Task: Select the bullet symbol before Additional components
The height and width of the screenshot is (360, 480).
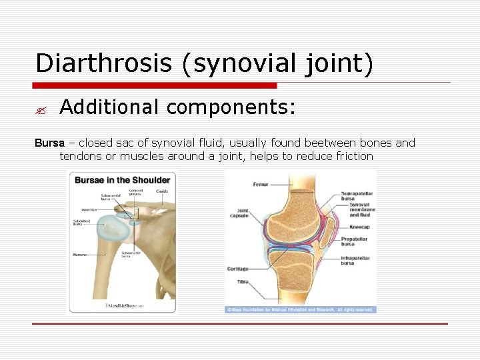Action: (x=41, y=107)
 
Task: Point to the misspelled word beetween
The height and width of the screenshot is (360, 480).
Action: (x=327, y=143)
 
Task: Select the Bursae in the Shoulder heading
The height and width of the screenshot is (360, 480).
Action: (x=122, y=180)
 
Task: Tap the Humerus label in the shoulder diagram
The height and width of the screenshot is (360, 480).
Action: (x=80, y=254)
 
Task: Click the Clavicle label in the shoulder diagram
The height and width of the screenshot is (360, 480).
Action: (x=162, y=191)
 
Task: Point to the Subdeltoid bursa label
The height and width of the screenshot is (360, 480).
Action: (x=82, y=223)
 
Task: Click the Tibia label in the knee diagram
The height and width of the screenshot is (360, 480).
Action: (x=243, y=282)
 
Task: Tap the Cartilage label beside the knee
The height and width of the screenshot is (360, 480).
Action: (x=237, y=269)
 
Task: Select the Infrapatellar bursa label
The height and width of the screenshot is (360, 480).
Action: (x=357, y=261)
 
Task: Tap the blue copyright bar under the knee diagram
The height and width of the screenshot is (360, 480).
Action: (x=300, y=310)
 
